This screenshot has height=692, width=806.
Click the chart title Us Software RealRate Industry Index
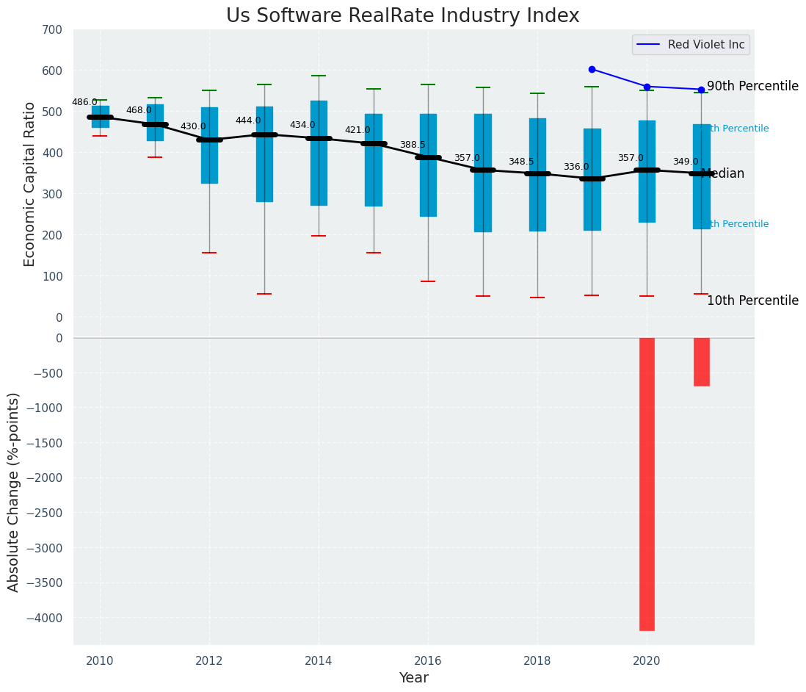click(x=402, y=16)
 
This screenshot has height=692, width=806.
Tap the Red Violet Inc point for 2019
click(x=592, y=69)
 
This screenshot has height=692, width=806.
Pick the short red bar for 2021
click(x=701, y=361)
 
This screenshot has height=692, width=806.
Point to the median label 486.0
click(x=84, y=102)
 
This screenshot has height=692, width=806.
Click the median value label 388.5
click(x=413, y=145)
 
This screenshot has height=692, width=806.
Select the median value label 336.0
click(x=576, y=167)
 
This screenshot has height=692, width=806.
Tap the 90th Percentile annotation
click(x=752, y=86)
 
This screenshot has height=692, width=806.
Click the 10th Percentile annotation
click(x=752, y=300)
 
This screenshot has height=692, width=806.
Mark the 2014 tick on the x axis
click(x=319, y=660)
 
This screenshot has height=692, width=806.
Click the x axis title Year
click(x=413, y=678)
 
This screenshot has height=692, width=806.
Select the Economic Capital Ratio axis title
click(x=30, y=184)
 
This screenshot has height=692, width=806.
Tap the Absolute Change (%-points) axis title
click(x=14, y=491)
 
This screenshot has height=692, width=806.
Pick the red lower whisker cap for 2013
click(x=264, y=294)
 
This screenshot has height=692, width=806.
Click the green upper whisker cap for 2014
click(x=319, y=76)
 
